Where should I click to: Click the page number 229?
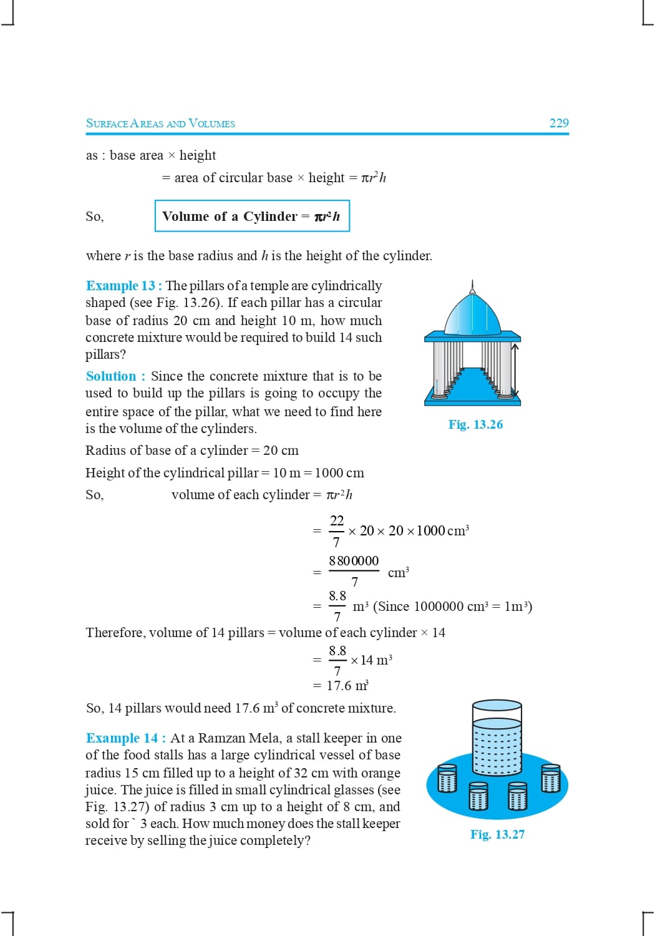[x=559, y=123]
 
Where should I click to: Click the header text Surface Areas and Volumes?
[x=160, y=124]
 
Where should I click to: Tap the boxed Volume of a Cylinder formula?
[x=251, y=216]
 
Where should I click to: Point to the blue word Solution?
[x=111, y=376]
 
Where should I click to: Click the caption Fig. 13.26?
[x=475, y=424]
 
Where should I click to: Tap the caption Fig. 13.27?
[x=497, y=834]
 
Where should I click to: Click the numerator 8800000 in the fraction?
[x=354, y=561]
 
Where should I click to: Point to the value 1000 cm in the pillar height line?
[x=339, y=473]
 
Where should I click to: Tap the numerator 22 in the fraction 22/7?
[x=337, y=520]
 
